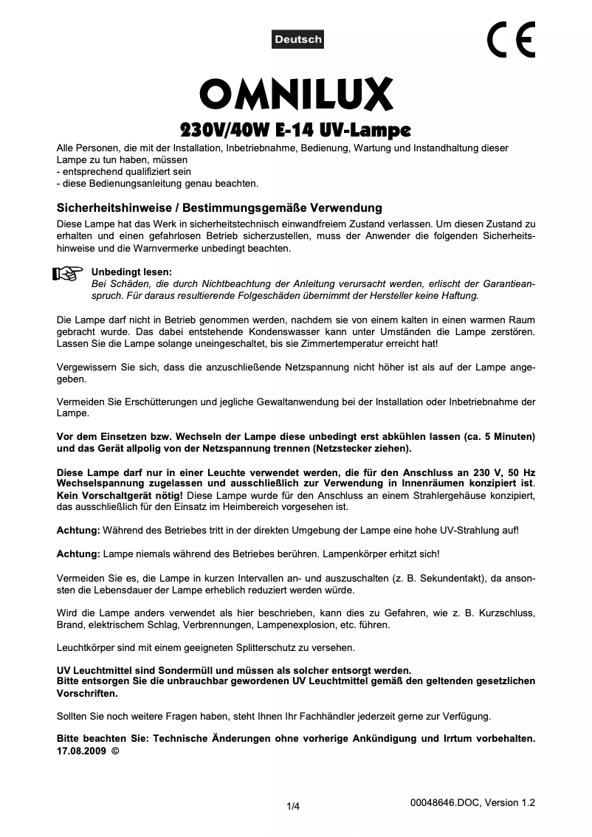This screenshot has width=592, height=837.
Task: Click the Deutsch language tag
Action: pos(298,39)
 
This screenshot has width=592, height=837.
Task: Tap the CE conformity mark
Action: pos(511,40)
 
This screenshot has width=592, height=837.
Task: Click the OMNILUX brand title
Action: pos(296,96)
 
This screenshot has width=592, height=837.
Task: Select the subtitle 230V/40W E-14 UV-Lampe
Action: pos(295,131)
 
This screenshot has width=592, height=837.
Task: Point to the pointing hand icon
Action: pos(68,275)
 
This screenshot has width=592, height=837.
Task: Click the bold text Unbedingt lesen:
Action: pos(131,272)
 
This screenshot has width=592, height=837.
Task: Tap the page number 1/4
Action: pos(293,806)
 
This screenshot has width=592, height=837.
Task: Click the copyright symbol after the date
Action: pos(114,751)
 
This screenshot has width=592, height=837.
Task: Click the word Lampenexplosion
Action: pos(297,624)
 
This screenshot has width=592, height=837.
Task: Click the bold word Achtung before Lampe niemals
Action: pos(78,554)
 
